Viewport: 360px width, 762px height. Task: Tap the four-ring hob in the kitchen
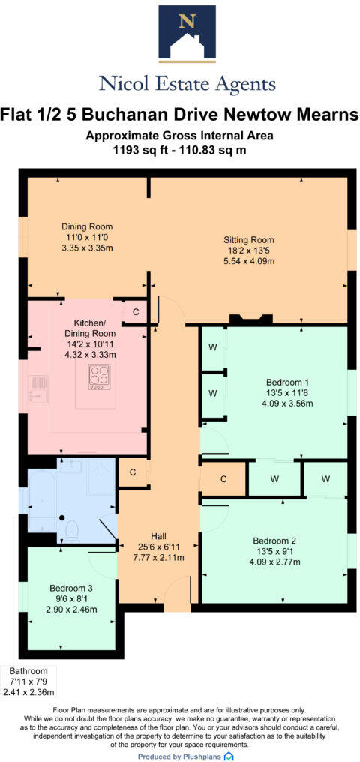99,376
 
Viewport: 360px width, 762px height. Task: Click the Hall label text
157,536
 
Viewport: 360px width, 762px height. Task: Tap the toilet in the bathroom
73,531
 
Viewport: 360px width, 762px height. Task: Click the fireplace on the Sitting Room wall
250,320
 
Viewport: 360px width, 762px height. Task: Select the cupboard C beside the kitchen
136,311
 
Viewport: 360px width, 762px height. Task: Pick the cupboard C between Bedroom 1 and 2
223,479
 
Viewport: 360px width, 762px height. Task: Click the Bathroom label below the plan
28,671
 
